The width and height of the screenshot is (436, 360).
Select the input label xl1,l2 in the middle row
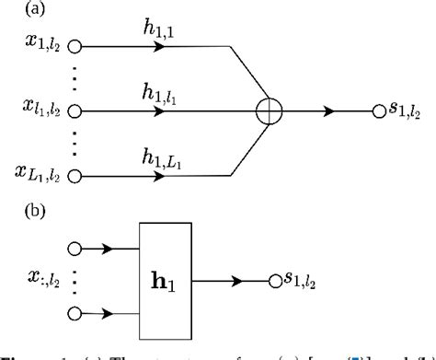click(41, 110)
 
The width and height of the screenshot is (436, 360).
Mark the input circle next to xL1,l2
click(75, 175)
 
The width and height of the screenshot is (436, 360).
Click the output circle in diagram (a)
click(377, 110)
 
